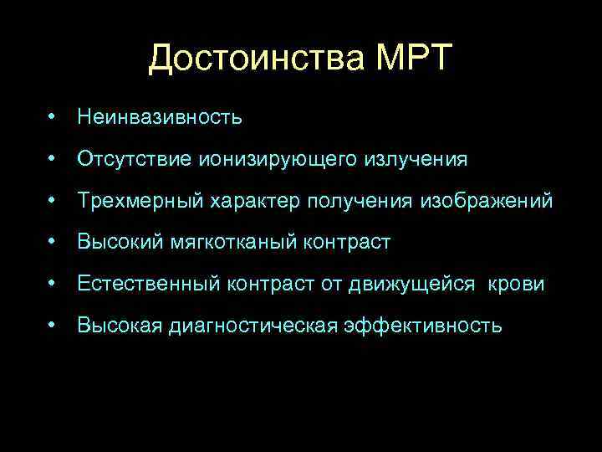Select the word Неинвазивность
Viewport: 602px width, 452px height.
160,117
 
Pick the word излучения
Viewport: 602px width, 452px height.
416,159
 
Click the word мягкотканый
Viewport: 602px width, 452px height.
221,243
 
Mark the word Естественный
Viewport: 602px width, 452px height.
150,285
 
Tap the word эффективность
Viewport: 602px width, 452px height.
423,326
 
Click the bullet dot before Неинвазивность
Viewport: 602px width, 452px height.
53,116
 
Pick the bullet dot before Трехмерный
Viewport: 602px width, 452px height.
53,200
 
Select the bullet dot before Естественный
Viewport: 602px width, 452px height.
53,284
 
